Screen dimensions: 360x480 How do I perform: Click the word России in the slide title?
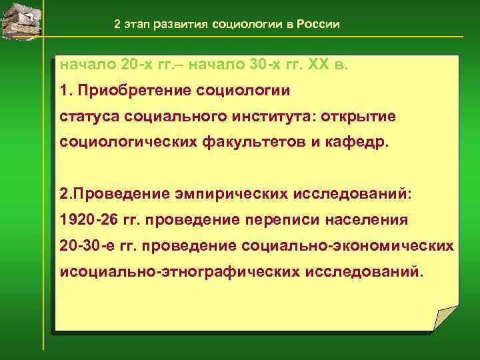coord(317,25)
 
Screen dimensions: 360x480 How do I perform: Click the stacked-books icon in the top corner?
coord(21,20)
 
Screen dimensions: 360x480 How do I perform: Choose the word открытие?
coord(358,117)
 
